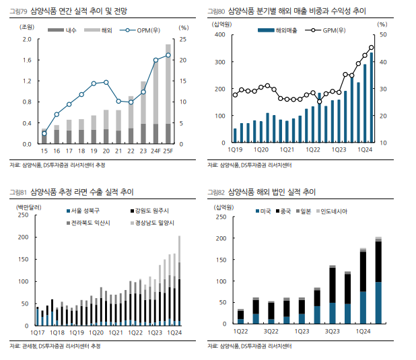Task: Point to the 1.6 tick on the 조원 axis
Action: pyautogui.click(x=27, y=60)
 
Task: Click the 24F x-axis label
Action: pyautogui.click(x=156, y=151)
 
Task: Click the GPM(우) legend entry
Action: pyautogui.click(x=334, y=30)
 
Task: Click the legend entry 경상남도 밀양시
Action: pyautogui.click(x=155, y=222)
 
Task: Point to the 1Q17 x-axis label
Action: pyautogui.click(x=36, y=332)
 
